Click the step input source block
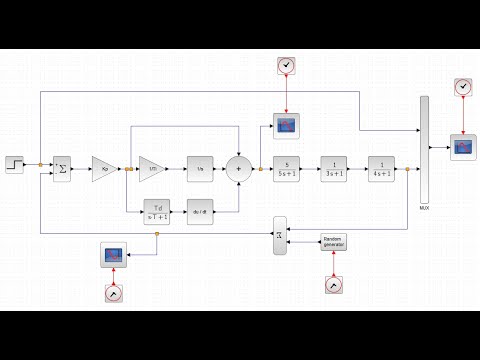(x=17, y=164)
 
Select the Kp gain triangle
(x=105, y=169)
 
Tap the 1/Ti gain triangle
(x=152, y=169)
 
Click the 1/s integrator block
(x=200, y=169)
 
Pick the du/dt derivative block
(x=200, y=211)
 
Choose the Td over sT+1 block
(x=157, y=211)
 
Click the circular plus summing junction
(x=239, y=169)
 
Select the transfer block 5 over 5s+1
(x=287, y=169)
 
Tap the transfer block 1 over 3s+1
(x=333, y=169)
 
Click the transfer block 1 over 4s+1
(x=381, y=169)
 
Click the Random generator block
(x=333, y=242)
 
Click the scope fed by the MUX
(x=464, y=147)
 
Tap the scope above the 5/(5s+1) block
(x=287, y=125)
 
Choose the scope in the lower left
(x=114, y=255)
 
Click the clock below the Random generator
(x=333, y=287)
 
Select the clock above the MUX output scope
(x=462, y=88)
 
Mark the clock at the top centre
(x=287, y=66)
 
